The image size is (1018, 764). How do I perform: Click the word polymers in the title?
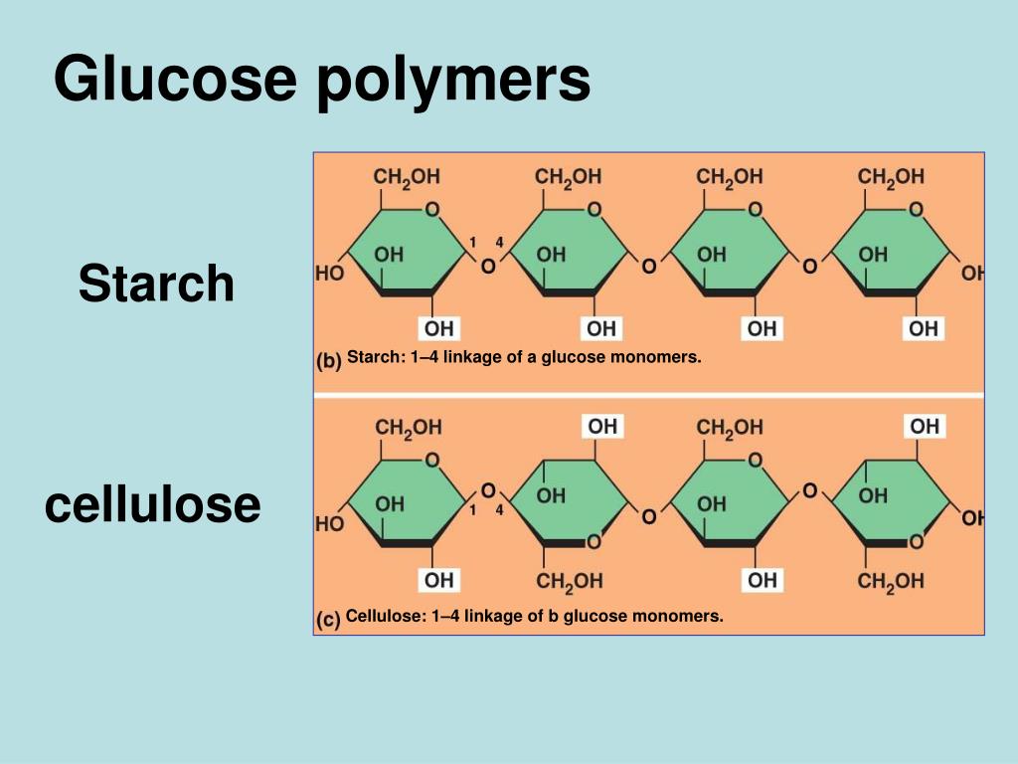tap(453, 82)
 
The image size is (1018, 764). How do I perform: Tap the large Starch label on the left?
tap(156, 284)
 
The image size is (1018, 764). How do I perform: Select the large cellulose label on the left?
tap(152, 504)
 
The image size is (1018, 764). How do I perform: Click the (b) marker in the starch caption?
tap(328, 360)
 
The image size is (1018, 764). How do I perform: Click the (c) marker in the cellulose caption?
tap(328, 619)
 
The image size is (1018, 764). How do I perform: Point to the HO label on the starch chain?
tap(329, 273)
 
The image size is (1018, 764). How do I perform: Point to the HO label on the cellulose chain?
tap(329, 523)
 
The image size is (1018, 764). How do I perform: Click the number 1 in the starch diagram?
tap(472, 243)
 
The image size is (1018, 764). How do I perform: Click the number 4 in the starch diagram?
tap(499, 243)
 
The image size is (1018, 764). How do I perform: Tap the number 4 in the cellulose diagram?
tap(499, 510)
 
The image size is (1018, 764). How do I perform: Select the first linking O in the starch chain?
tap(488, 266)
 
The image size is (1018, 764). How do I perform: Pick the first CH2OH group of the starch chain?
tap(407, 177)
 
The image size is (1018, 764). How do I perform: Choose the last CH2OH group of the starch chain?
tap(891, 177)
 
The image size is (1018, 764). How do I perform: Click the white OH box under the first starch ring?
tap(438, 328)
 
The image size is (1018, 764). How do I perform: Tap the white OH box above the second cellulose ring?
tap(602, 426)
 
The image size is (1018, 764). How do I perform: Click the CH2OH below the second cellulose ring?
tap(570, 581)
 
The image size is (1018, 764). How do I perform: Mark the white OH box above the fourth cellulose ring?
tap(925, 426)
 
